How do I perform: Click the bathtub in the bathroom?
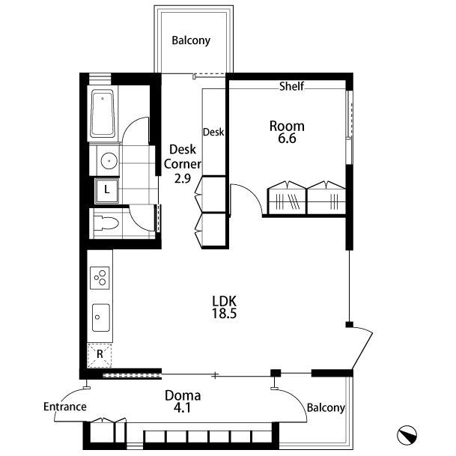pyautogui.click(x=103, y=113)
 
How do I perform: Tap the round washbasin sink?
pyautogui.click(x=109, y=161)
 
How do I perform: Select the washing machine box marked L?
pyautogui.click(x=107, y=191)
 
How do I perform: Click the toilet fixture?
pyautogui.click(x=106, y=223)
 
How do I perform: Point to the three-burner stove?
pyautogui.click(x=100, y=278)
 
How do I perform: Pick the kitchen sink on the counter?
pyautogui.click(x=101, y=318)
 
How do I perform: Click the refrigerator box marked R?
pyautogui.click(x=100, y=355)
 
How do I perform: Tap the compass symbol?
pyautogui.click(x=407, y=435)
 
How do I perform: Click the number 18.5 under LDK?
pyautogui.click(x=224, y=314)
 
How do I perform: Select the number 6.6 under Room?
pyautogui.click(x=287, y=139)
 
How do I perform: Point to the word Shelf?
pyautogui.click(x=291, y=86)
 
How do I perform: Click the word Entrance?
pyautogui.click(x=65, y=407)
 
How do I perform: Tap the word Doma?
pyautogui.click(x=183, y=396)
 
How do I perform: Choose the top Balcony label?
pyautogui.click(x=191, y=40)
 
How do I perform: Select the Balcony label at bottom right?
pyautogui.click(x=326, y=408)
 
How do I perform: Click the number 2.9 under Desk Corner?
pyautogui.click(x=183, y=178)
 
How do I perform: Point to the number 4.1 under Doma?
pyautogui.click(x=183, y=408)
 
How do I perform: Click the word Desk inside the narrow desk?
pyautogui.click(x=213, y=132)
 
